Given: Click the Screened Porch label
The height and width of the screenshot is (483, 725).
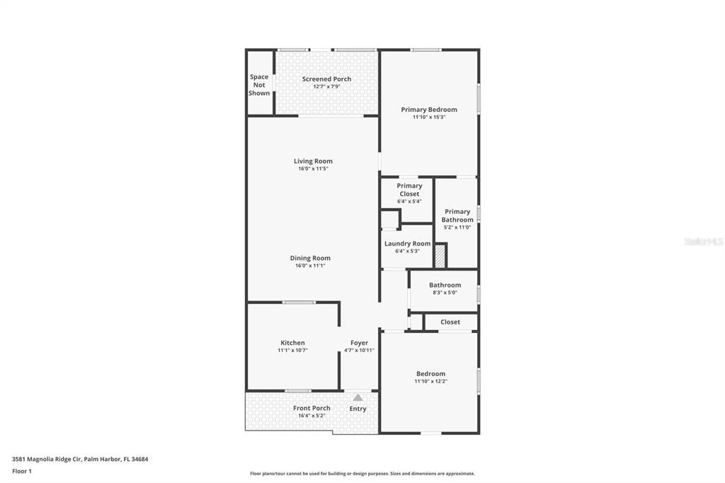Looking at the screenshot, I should click(x=326, y=79).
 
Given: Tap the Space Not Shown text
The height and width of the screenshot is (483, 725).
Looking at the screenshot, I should click(x=259, y=85).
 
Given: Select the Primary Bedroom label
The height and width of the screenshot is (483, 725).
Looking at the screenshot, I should click(x=428, y=110).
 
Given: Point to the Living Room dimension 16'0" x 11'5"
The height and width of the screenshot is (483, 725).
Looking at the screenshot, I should click(x=313, y=169).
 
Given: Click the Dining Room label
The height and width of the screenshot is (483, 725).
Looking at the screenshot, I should click(x=310, y=258).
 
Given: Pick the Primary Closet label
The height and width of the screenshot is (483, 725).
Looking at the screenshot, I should click(x=409, y=190).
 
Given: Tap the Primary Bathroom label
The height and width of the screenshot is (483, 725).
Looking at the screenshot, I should click(x=457, y=215).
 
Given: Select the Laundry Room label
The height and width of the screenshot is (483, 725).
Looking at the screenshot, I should click(x=407, y=244).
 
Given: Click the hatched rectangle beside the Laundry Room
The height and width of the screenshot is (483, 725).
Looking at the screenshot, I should click(x=440, y=256).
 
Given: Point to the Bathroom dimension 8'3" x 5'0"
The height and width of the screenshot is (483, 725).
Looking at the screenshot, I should click(x=445, y=292).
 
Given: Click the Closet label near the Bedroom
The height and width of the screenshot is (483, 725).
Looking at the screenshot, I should click(x=450, y=322).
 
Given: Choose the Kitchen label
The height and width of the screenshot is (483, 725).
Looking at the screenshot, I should click(x=292, y=343).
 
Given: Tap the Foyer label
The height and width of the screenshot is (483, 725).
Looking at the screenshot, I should click(x=359, y=343).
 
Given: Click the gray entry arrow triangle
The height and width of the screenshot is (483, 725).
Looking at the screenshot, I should click(x=358, y=398).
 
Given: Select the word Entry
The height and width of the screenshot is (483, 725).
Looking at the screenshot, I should click(x=358, y=409).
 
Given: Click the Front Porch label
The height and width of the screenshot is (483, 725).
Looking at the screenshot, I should click(x=312, y=408).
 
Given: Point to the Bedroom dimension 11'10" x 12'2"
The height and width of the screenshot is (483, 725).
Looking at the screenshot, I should click(x=430, y=382).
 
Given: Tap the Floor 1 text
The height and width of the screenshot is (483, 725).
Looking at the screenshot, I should click(x=22, y=471).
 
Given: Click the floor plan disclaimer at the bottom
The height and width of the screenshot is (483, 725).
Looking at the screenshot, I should click(x=362, y=474).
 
